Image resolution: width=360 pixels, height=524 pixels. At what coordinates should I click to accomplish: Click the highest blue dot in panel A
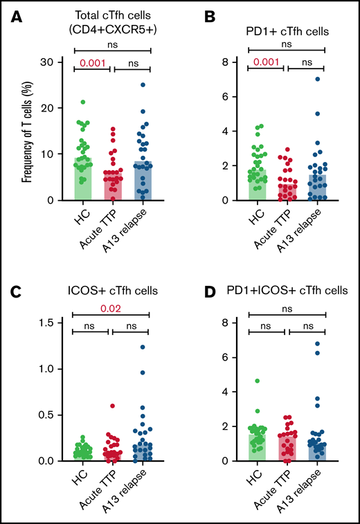tap(142, 85)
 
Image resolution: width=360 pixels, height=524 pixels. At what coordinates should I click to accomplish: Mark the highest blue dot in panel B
tap(317, 79)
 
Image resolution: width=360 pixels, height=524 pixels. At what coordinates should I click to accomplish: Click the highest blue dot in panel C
tap(142, 347)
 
